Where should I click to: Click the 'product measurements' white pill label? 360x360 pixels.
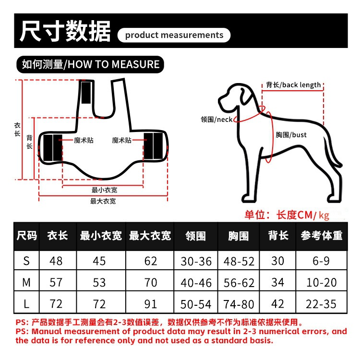point(174,35)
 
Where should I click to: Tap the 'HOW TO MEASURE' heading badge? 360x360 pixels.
point(90,64)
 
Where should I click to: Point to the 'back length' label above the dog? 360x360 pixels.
point(293,84)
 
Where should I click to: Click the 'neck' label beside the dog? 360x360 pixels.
point(216,120)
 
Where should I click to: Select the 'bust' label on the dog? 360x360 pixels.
point(291,134)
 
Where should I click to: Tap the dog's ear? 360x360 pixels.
point(244,96)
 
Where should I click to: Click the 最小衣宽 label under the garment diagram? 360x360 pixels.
point(104,190)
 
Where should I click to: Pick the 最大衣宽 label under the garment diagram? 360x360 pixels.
point(103,201)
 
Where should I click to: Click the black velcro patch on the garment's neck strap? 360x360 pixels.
point(86,92)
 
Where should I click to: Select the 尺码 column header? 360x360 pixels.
point(26,236)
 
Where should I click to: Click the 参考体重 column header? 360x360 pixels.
point(322,236)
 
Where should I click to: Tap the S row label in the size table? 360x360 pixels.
point(26,261)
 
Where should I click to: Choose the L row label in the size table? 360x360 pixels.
point(26,304)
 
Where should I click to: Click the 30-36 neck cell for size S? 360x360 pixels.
point(196,261)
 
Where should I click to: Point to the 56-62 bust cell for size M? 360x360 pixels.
point(239,283)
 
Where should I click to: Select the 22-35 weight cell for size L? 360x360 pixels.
point(321,304)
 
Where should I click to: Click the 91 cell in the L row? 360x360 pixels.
point(150,304)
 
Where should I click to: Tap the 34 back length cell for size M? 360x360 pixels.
point(277,282)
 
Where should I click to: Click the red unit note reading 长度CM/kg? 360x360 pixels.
point(303,215)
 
